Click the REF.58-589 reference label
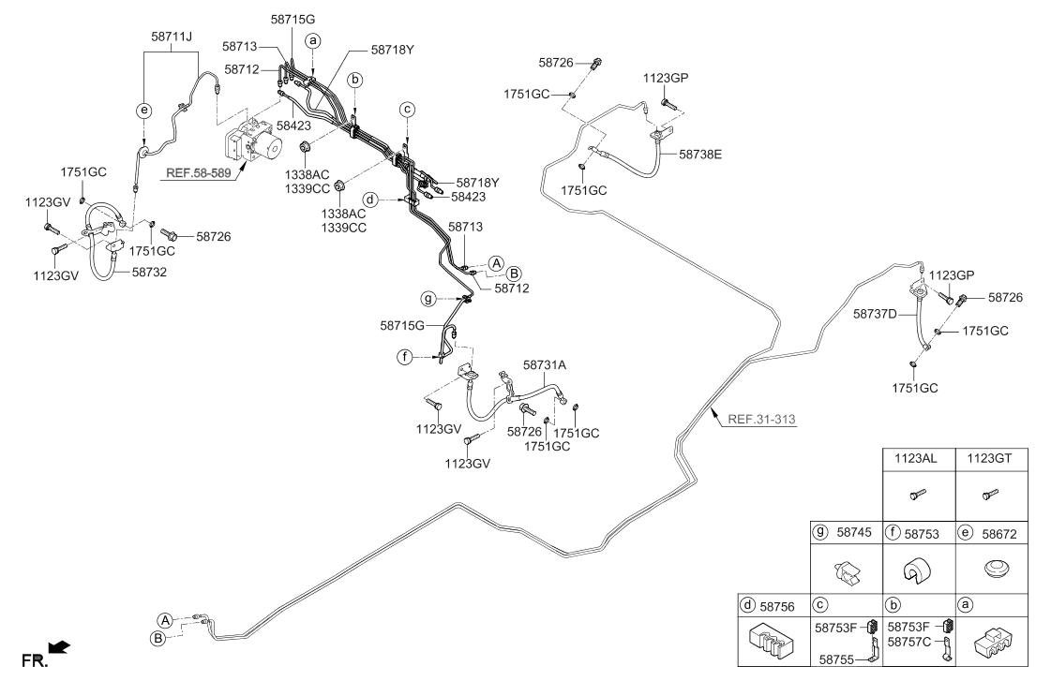tap(199, 172)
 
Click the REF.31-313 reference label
tap(761, 420)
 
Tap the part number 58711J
tap(172, 37)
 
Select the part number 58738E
tap(700, 154)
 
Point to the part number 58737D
tap(875, 314)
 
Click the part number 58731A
tap(545, 365)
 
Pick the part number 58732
tap(149, 272)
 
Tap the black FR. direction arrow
tap(60, 647)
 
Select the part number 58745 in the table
tap(855, 532)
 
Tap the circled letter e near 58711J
tap(144, 111)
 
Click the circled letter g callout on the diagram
tap(428, 298)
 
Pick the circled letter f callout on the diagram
tap(404, 357)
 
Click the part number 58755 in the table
tap(836, 659)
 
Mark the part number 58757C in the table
tap(908, 642)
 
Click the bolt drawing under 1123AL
tap(918, 495)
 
